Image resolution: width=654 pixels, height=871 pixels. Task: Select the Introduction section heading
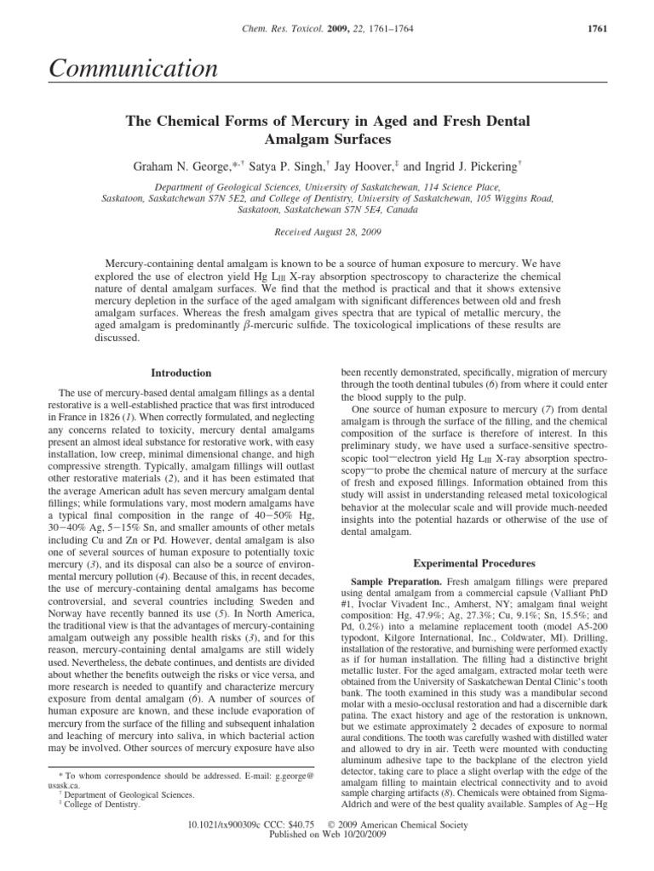tap(181, 373)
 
